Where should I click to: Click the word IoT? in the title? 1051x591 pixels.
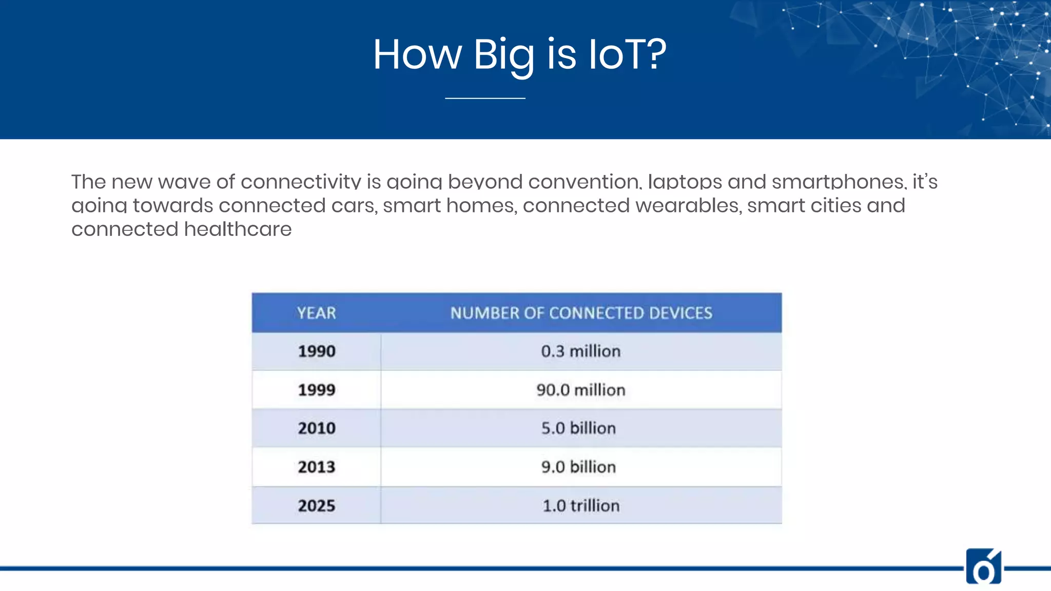(x=627, y=54)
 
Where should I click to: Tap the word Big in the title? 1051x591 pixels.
(x=503, y=55)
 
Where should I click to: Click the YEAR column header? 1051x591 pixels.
(x=316, y=313)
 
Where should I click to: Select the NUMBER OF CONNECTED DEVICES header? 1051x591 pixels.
(x=581, y=313)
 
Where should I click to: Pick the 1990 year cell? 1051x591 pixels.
(x=316, y=351)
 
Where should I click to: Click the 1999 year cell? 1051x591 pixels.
(x=316, y=390)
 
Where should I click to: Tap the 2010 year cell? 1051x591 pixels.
(x=316, y=428)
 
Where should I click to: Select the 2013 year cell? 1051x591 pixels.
(x=316, y=467)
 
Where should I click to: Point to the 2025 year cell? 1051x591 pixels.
(x=316, y=506)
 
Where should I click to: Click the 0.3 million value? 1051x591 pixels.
(x=580, y=351)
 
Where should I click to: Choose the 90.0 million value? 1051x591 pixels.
(x=580, y=390)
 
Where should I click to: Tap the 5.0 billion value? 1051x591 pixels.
(x=578, y=428)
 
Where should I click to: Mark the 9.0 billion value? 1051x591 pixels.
(x=578, y=467)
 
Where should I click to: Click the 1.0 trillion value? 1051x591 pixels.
(x=580, y=506)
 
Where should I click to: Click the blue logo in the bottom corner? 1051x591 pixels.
(x=983, y=567)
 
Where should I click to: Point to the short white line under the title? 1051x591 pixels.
(x=485, y=98)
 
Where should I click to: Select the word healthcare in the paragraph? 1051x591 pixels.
(x=238, y=229)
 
